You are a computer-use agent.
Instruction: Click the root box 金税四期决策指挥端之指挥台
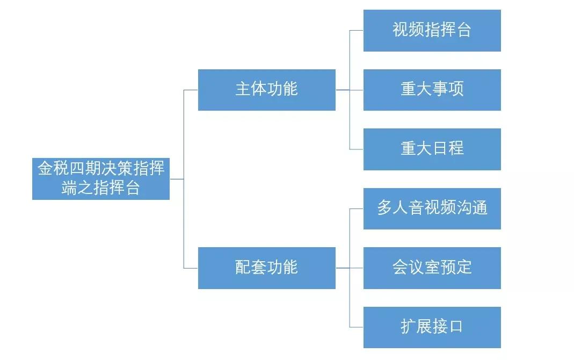click(x=101, y=179)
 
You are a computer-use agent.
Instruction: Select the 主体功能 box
click(x=266, y=90)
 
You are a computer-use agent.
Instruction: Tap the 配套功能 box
click(x=266, y=268)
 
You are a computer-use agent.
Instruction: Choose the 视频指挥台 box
click(x=432, y=31)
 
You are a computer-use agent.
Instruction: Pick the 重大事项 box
click(x=432, y=90)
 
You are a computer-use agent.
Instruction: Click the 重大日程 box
click(x=432, y=149)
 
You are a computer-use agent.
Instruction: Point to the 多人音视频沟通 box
click(x=432, y=208)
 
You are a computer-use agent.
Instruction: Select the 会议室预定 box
click(x=432, y=268)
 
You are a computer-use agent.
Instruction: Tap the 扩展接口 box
click(x=432, y=327)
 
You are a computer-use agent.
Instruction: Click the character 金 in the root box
click(x=45, y=169)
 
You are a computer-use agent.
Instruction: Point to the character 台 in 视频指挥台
click(x=463, y=30)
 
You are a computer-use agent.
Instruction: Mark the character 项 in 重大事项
click(x=456, y=89)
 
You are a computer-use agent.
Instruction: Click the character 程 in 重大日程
click(x=456, y=149)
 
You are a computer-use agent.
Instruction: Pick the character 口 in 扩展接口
click(x=456, y=327)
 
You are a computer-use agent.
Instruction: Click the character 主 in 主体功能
click(x=243, y=89)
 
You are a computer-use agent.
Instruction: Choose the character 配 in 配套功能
click(x=243, y=268)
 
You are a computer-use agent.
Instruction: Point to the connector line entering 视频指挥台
click(x=357, y=31)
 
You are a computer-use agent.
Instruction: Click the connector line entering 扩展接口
click(x=357, y=327)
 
